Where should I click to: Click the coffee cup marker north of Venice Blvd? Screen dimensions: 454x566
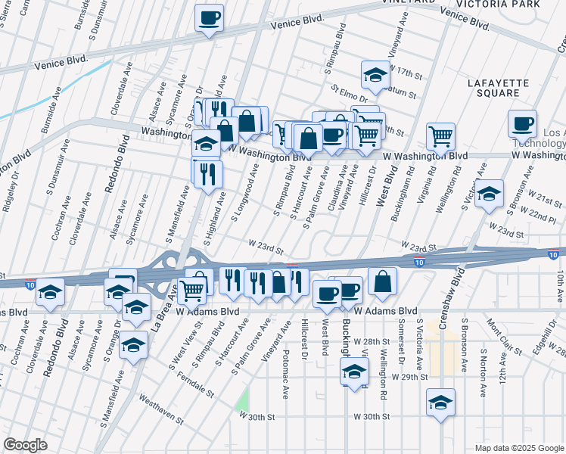209,18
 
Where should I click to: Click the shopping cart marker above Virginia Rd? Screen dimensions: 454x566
440,137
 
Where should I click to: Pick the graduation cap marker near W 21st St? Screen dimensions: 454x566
490,195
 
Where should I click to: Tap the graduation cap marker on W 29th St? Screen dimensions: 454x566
353,351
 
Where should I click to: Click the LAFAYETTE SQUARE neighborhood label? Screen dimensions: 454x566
493,88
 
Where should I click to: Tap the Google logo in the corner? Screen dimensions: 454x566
25,445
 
